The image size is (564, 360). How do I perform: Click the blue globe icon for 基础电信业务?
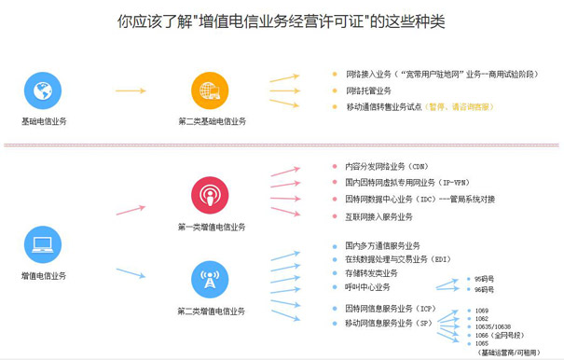point(42,91)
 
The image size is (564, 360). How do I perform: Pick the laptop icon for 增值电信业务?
point(42,245)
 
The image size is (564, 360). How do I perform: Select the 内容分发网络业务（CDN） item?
point(379,166)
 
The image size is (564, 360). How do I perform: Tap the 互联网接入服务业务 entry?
point(378,216)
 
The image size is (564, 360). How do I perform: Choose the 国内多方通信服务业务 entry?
point(382,245)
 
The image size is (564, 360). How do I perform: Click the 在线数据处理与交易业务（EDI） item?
point(398,259)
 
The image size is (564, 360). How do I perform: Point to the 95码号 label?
point(485,279)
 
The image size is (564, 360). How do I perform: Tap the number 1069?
point(483,309)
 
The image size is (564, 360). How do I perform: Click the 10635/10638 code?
point(493,325)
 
